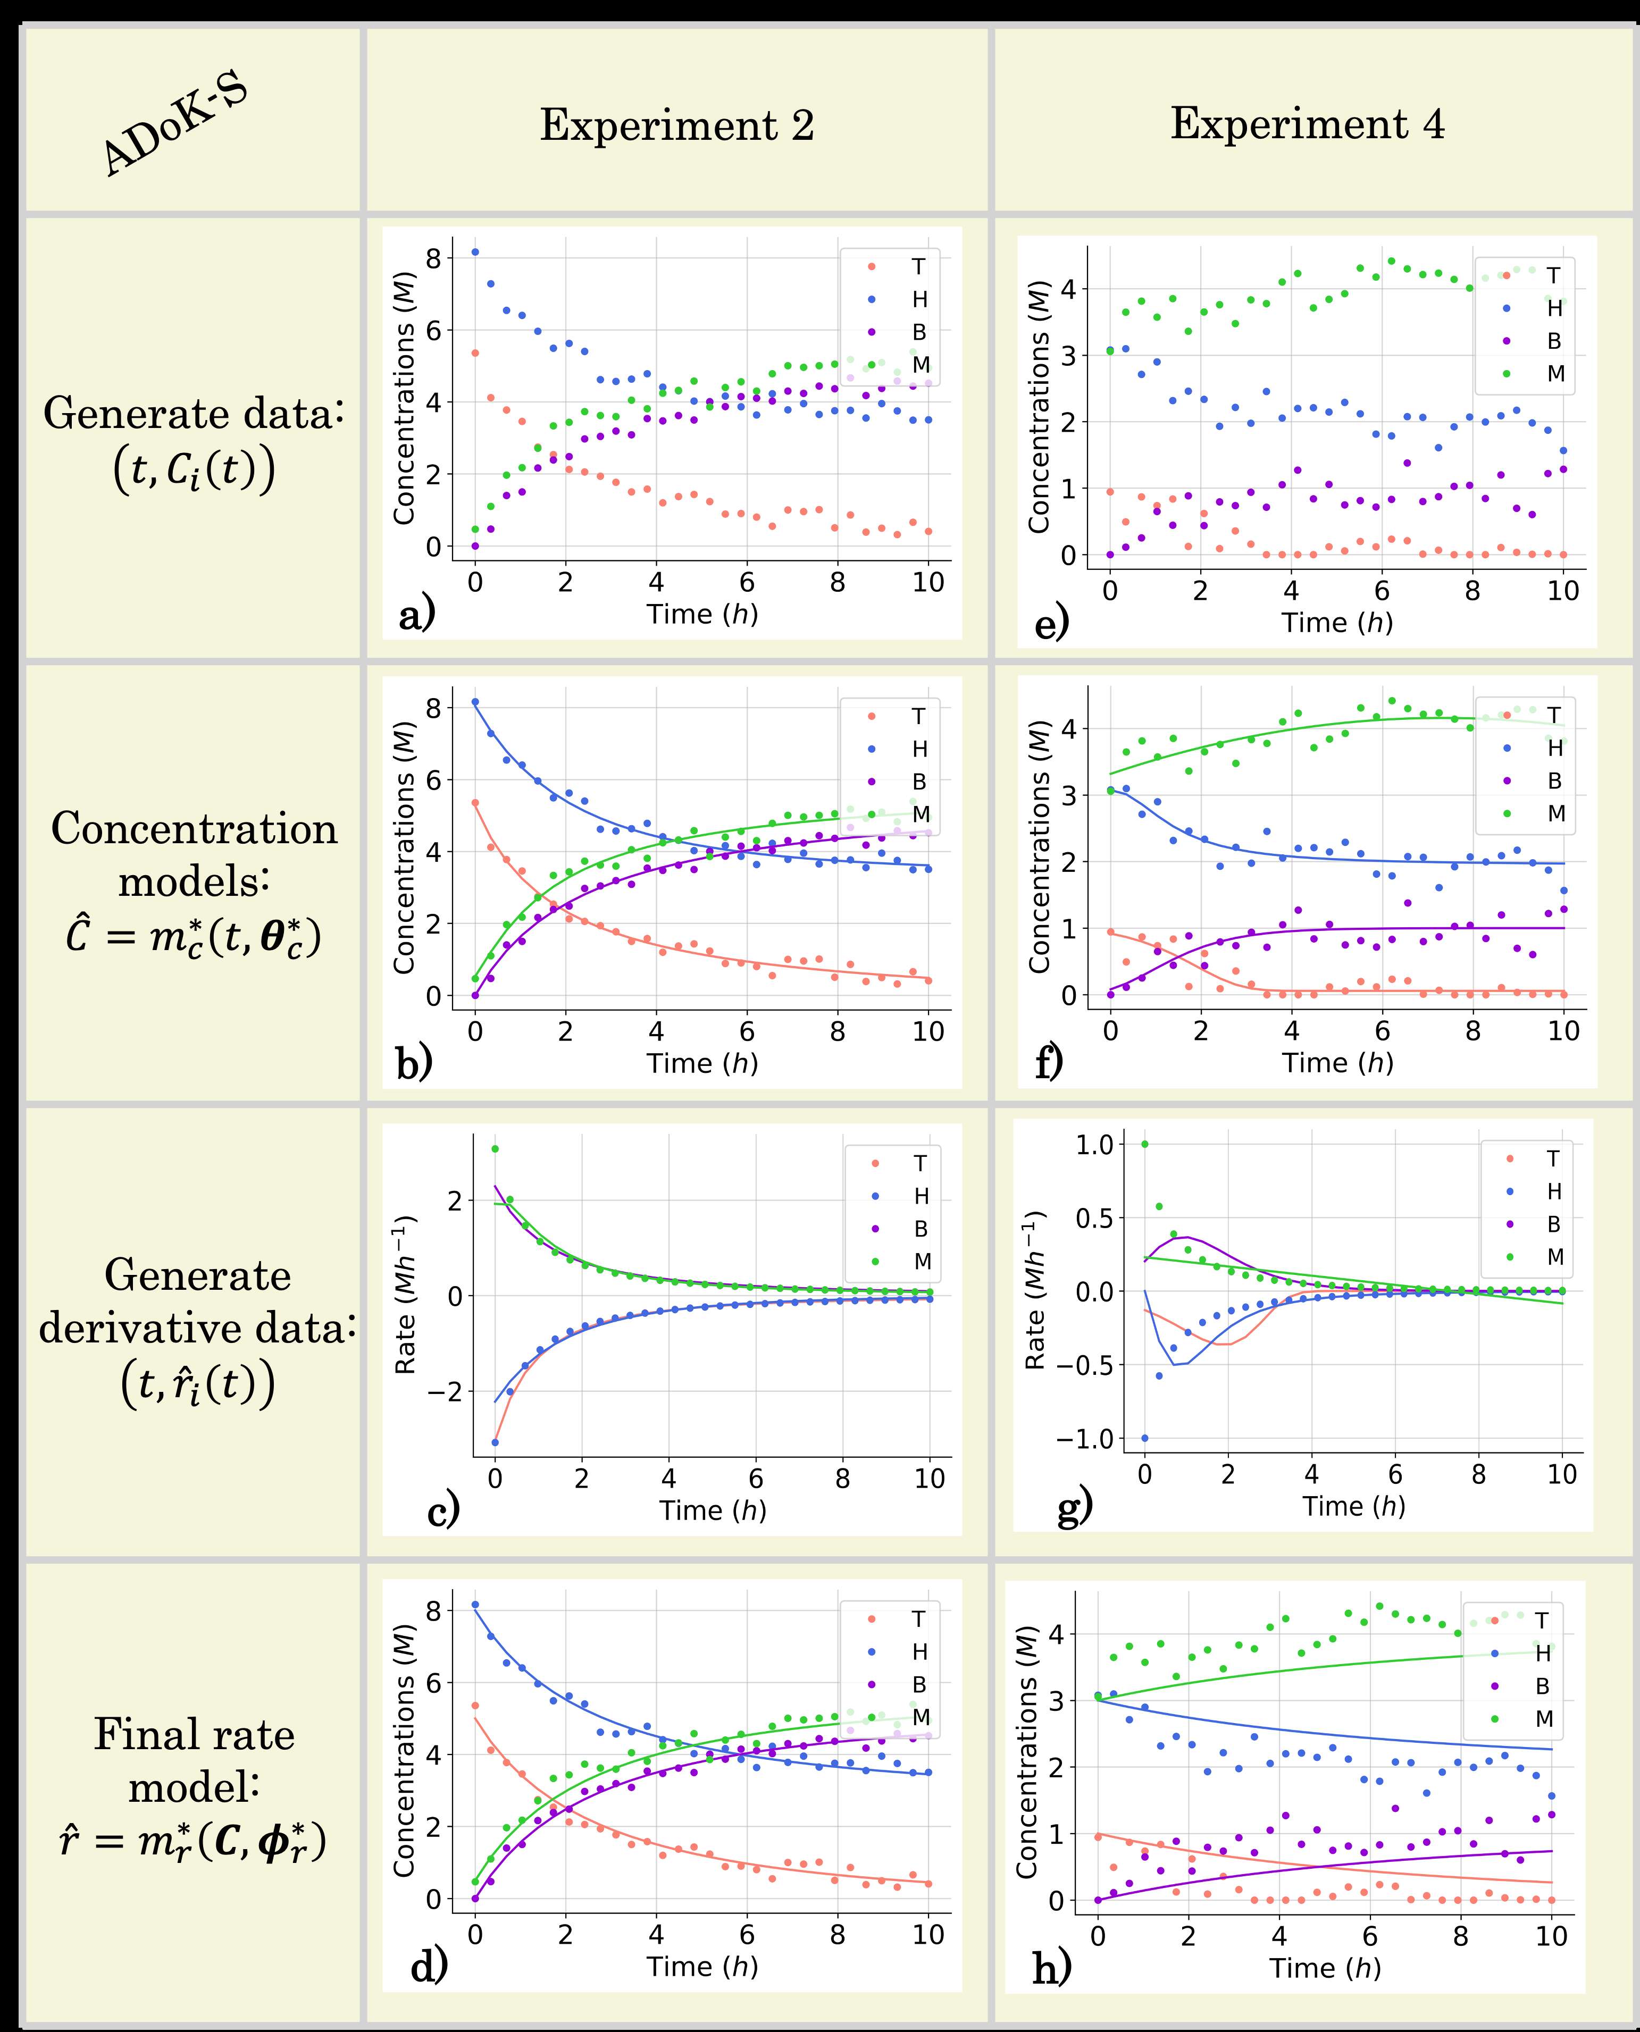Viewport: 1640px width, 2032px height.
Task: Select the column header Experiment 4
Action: pos(1308,124)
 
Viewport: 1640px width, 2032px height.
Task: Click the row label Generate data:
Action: pos(194,414)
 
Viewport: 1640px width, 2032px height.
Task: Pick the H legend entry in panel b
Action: pos(919,749)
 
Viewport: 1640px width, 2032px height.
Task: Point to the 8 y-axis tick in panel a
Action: pos(433,258)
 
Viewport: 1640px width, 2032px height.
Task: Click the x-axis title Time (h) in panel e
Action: pos(1337,622)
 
